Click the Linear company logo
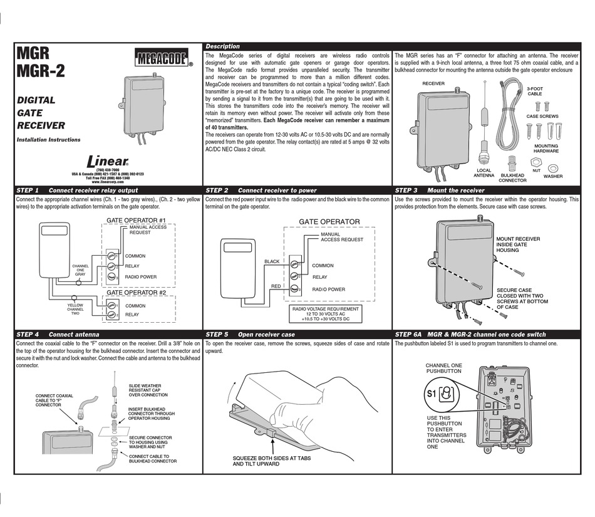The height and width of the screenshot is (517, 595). point(108,160)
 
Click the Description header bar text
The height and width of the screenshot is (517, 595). point(222,46)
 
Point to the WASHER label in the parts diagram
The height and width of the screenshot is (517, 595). point(552,177)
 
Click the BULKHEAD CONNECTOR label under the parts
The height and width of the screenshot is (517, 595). point(512,177)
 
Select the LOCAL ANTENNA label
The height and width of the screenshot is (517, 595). point(484,173)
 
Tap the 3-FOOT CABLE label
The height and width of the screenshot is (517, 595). point(534,91)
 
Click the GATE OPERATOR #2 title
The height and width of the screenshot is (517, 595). point(135,293)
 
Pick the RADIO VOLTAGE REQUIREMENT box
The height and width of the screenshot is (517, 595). point(322,314)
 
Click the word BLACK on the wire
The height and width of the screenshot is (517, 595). point(271,261)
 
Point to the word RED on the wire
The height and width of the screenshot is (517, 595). point(276,286)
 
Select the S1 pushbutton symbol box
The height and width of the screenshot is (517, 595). point(439,395)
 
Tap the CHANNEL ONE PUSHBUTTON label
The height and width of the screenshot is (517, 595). point(443,368)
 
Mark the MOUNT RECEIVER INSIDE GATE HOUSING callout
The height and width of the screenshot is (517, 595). point(517,244)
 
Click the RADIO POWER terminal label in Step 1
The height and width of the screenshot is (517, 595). point(141,276)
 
